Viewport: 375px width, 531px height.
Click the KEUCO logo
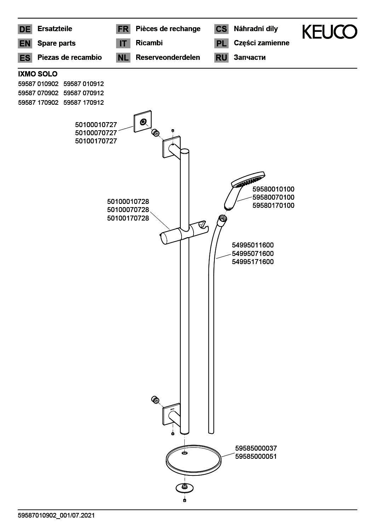pos(329,32)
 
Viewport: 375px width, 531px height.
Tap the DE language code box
pos(25,29)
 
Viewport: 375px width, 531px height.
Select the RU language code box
pos(221,58)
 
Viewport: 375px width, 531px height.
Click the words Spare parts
pos(56,43)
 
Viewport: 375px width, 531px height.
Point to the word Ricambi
pos(149,43)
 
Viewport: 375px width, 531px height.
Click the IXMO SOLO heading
pos(37,74)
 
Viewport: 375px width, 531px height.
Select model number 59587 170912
pos(83,102)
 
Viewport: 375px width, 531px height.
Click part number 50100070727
pos(96,133)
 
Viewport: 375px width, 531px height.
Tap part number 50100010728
pos(128,201)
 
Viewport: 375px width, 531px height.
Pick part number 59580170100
pos(273,205)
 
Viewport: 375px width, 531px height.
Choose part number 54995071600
pos(253,253)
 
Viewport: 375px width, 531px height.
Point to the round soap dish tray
pos(193,459)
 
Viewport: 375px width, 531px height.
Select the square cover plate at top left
pos(143,121)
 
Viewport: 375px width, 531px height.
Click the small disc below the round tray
pos(185,488)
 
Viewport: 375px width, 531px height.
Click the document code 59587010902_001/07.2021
pos(56,515)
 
